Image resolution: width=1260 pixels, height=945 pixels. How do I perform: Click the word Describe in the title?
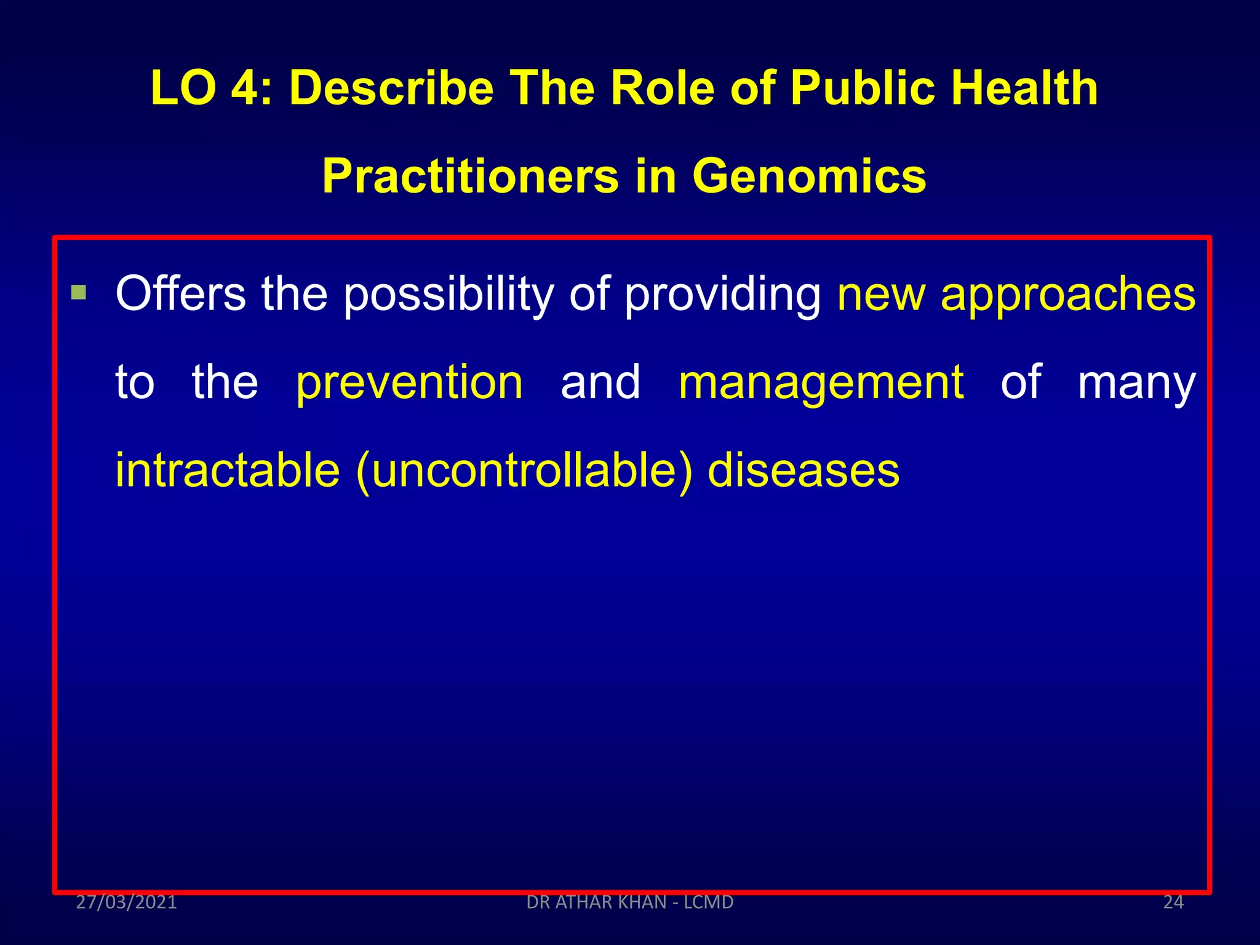391,88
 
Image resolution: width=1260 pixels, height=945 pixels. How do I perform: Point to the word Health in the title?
1024,88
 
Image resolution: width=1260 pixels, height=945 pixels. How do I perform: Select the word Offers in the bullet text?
180,293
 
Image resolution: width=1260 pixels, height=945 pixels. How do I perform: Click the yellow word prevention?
409,383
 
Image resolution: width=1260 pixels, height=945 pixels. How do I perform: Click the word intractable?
228,471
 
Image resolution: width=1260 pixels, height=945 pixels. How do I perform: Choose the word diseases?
803,471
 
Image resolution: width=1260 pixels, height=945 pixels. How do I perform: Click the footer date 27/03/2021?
126,902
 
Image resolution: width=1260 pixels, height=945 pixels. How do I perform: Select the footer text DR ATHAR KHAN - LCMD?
630,902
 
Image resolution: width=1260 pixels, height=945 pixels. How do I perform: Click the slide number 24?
1173,902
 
